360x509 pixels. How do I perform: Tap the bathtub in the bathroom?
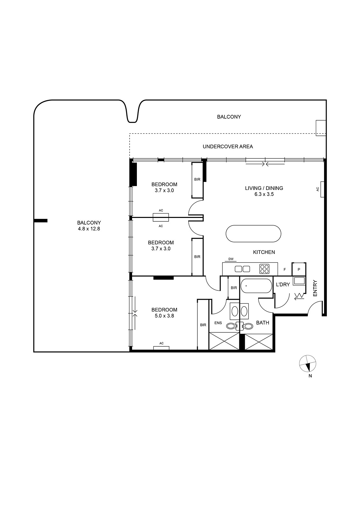pyautogui.click(x=256, y=286)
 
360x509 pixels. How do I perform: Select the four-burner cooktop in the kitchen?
pyautogui.click(x=264, y=269)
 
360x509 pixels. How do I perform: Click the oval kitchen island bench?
pyautogui.click(x=253, y=234)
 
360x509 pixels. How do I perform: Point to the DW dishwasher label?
pyautogui.click(x=231, y=259)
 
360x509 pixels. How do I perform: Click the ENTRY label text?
pyautogui.click(x=315, y=288)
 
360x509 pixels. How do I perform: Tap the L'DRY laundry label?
pyautogui.click(x=283, y=284)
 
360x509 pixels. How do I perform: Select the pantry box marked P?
pyautogui.click(x=299, y=269)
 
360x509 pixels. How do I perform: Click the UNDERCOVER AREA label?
pyautogui.click(x=228, y=147)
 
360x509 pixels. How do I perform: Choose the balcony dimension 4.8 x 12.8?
pyautogui.click(x=89, y=229)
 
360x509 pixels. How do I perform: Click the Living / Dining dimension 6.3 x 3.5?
pyautogui.click(x=264, y=194)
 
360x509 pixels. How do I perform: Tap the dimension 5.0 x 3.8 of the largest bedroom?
pyautogui.click(x=165, y=316)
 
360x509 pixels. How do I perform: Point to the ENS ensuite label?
pyautogui.click(x=218, y=323)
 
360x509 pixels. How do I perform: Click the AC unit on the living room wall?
pyautogui.click(x=322, y=189)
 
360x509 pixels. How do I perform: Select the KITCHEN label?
pyautogui.click(x=264, y=252)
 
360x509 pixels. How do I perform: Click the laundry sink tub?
pyautogui.click(x=299, y=281)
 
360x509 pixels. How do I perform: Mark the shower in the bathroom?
pyautogui.click(x=258, y=342)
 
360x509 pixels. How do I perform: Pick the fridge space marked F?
pyautogui.click(x=285, y=269)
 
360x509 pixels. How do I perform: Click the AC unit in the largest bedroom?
pyautogui.click(x=161, y=348)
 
